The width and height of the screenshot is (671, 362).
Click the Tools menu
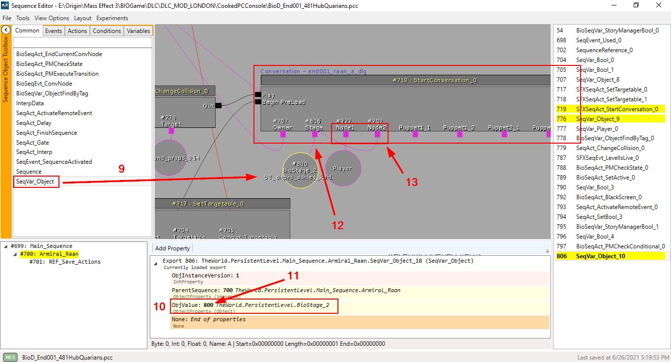pyautogui.click(x=23, y=18)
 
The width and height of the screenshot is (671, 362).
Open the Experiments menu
pyautogui.click(x=112, y=18)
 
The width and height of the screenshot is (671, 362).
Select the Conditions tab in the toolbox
pyautogui.click(x=107, y=30)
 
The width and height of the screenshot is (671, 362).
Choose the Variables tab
pyautogui.click(x=139, y=30)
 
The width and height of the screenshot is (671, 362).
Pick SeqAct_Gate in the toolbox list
pyautogui.click(x=32, y=142)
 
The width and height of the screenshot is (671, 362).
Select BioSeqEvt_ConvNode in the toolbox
pyautogui.click(x=44, y=84)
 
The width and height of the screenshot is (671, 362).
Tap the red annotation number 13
pyautogui.click(x=412, y=182)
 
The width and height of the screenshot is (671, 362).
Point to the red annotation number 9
pyautogui.click(x=121, y=169)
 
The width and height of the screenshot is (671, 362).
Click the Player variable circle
pyautogui.click(x=343, y=168)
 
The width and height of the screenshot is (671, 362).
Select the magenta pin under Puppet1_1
pyautogui.click(x=415, y=134)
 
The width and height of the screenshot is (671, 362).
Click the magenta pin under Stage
pyautogui.click(x=314, y=134)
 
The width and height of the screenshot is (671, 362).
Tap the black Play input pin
pyautogui.click(x=257, y=95)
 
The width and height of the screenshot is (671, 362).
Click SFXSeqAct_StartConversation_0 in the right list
pyautogui.click(x=617, y=109)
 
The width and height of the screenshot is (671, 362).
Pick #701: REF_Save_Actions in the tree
pyautogui.click(x=65, y=262)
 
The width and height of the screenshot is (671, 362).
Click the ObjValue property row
pyautogui.click(x=254, y=307)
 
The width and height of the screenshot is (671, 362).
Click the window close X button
pyautogui.click(x=659, y=5)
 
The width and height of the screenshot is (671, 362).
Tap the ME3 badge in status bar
pyautogui.click(x=10, y=357)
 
